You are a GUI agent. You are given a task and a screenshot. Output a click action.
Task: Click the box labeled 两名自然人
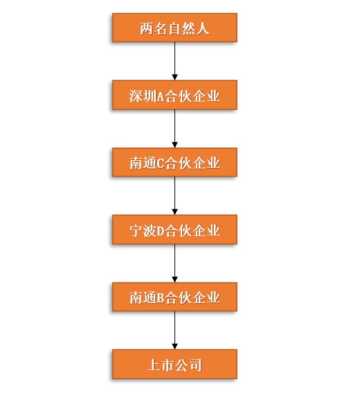[x=174, y=28]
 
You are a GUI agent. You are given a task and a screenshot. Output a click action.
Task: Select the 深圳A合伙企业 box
[x=174, y=95]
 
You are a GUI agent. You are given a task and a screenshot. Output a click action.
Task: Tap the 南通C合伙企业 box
[x=174, y=162]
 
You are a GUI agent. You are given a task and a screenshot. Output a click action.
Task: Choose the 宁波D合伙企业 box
[x=174, y=229]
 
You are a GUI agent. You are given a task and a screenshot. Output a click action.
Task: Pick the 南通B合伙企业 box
[x=174, y=297]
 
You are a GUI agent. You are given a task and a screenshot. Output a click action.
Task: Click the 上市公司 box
[x=174, y=364]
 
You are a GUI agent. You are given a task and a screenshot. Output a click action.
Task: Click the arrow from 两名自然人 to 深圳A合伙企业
[x=174, y=61]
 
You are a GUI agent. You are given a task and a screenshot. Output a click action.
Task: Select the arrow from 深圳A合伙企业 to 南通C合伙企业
[x=174, y=129]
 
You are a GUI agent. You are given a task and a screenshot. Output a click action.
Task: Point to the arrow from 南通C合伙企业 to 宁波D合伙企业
[x=174, y=195]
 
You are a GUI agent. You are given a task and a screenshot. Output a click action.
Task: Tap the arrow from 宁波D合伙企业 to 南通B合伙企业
[x=174, y=264]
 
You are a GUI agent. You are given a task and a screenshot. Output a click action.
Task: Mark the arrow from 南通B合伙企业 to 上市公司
[x=174, y=330]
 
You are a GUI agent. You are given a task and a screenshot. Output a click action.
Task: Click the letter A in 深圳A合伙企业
[x=161, y=97]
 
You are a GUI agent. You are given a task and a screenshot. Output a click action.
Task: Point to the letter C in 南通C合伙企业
[x=161, y=164]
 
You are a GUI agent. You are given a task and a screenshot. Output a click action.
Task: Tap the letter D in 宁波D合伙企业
[x=161, y=231]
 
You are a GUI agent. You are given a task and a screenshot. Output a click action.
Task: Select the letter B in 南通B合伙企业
[x=161, y=298]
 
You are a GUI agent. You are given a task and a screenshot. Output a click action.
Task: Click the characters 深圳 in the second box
[x=143, y=96]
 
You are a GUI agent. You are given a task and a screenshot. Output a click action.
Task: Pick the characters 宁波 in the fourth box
[x=143, y=231]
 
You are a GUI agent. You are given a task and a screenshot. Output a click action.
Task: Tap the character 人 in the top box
[x=203, y=28]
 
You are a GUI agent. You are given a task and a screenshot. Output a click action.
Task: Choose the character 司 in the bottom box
[x=195, y=365]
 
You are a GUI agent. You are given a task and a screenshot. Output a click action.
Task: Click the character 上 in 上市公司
[x=154, y=365]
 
